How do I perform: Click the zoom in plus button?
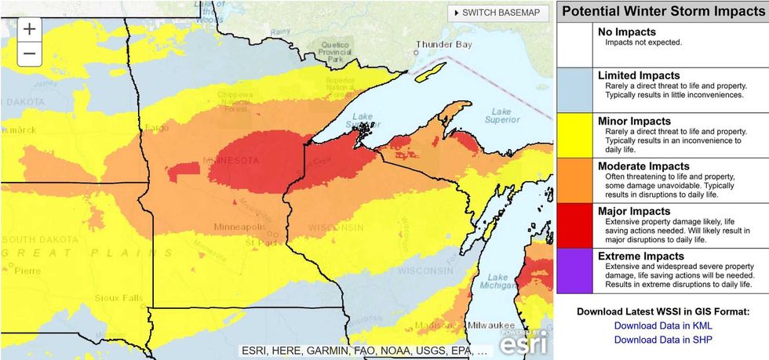[29, 29]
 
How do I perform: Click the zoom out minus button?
[29, 53]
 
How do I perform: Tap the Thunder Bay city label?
[444, 44]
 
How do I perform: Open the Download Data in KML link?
[663, 325]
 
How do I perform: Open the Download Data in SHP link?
[663, 340]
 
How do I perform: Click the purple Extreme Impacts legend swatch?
[575, 271]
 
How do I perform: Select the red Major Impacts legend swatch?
[575, 226]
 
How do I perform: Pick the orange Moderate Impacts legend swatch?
[575, 180]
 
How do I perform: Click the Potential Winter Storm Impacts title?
[663, 11]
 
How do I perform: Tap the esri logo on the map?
[525, 341]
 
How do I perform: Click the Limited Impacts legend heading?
[639, 75]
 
